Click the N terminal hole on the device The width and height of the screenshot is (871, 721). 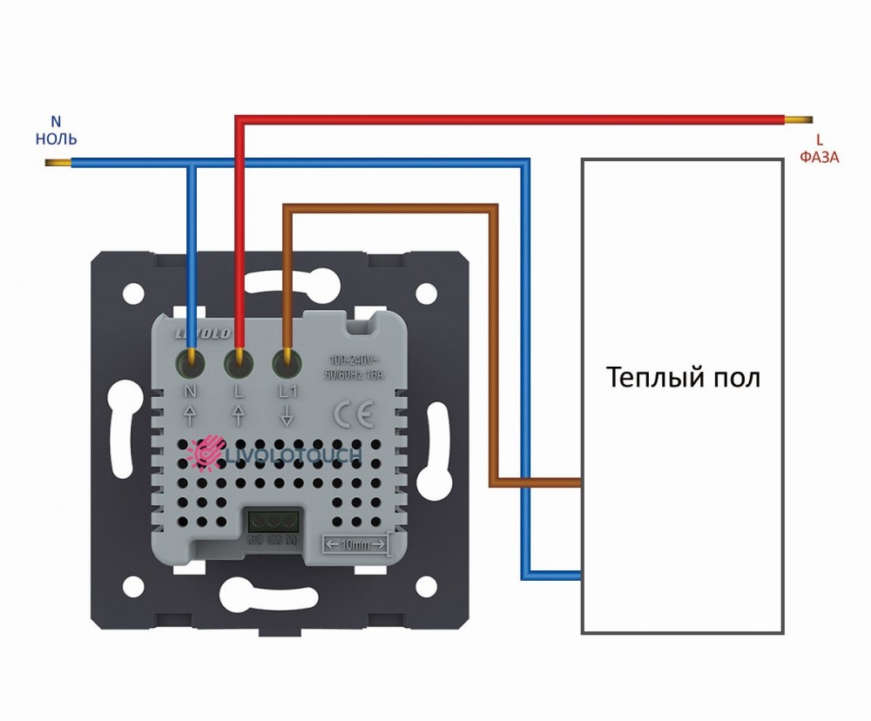(191, 359)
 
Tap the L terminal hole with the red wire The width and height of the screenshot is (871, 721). (239, 359)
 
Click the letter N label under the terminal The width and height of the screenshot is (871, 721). (191, 391)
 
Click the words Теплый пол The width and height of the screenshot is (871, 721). (683, 378)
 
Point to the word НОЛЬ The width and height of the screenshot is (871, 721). (57, 138)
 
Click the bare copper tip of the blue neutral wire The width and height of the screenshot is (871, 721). (57, 163)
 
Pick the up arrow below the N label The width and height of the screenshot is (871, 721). (191, 416)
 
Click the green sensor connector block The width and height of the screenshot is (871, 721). (268, 523)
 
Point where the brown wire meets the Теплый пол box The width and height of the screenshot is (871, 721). (581, 482)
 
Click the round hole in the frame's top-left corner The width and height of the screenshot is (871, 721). (133, 291)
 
